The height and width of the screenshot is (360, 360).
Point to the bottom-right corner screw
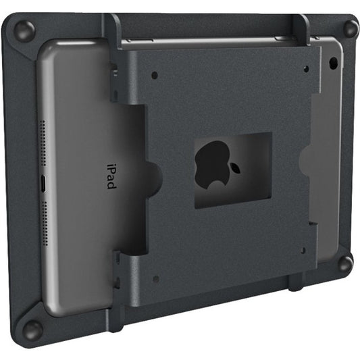coord(345,263)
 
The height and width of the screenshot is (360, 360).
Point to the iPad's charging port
coord(42,183)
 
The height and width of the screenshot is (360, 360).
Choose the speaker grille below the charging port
coord(43,224)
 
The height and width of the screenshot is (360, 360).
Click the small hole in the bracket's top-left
coord(155,74)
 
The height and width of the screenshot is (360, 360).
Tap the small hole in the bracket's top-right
coord(305,68)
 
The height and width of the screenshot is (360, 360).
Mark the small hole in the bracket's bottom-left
coord(156,278)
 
